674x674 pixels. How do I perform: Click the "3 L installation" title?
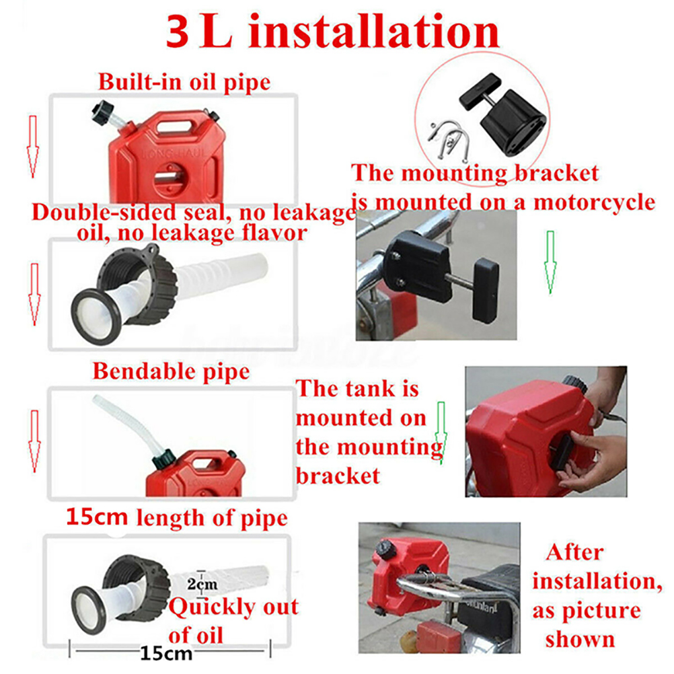pos(332,31)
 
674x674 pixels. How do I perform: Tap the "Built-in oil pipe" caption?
pos(184,81)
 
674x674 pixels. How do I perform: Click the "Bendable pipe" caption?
pos(171,371)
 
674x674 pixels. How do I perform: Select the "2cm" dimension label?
pos(202,584)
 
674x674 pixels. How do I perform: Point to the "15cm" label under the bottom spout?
pos(166,653)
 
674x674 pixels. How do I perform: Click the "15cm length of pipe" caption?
pos(177,517)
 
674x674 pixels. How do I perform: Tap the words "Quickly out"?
pos(233,607)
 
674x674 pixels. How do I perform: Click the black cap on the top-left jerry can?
pos(102,113)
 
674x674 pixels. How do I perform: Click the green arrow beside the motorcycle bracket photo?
pos(550,262)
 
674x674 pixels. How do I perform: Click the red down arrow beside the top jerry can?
pos(32,147)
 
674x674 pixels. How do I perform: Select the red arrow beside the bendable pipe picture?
pos(34,441)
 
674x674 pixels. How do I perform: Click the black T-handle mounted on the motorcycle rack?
pos(486,291)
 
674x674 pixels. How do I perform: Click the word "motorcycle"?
pos(595,202)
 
